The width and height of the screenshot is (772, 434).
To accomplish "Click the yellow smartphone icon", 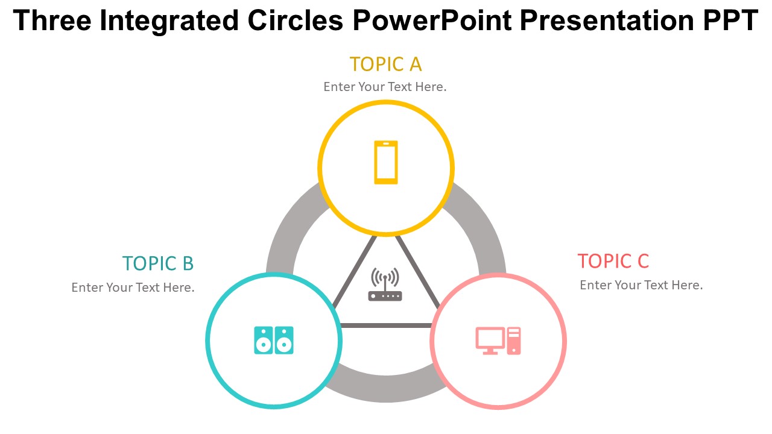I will pos(386,162).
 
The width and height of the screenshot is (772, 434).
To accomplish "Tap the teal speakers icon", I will pos(274,341).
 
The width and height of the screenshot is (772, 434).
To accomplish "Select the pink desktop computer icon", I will pos(498,341).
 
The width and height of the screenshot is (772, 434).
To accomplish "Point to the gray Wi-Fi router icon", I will pos(385,285).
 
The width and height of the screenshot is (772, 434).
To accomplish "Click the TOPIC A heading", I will pos(385,64).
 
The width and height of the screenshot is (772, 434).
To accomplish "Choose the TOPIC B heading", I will pos(158,263).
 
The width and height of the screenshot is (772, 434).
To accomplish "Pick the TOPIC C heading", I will pos(613,261).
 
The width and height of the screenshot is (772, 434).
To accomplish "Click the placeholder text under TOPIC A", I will pos(385,87).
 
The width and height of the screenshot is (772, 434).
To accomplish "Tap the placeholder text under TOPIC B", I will pos(133,288).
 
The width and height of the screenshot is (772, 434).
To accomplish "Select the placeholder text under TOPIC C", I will pos(641,285).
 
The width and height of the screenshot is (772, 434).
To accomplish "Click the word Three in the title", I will pos(51,22).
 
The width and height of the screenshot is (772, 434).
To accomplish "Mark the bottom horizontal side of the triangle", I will pos(386,325).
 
